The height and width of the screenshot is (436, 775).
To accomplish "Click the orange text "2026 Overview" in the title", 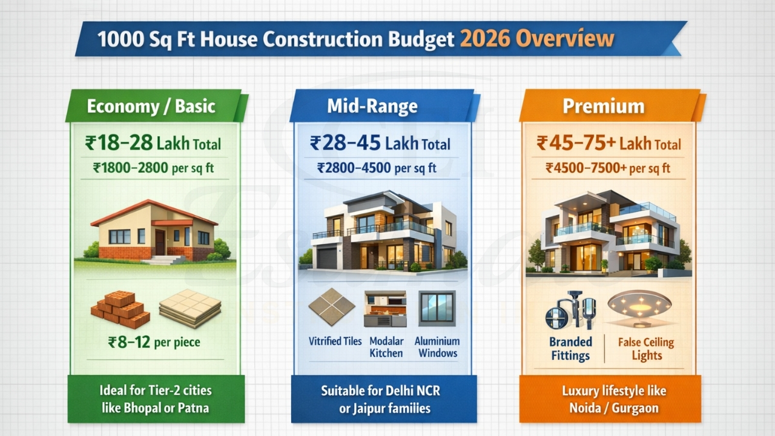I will click(537, 39).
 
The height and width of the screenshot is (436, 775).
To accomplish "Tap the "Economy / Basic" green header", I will click(151, 107).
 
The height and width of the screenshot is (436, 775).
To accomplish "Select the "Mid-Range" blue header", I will click(372, 107).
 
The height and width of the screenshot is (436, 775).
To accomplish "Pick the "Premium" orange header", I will click(603, 107).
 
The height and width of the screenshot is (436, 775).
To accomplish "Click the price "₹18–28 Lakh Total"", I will click(153, 144).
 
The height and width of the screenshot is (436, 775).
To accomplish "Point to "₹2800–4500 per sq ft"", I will click(377, 168).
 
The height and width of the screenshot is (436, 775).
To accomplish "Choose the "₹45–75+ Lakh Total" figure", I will click(608, 144).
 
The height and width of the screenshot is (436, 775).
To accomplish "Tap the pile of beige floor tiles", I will click(190, 308).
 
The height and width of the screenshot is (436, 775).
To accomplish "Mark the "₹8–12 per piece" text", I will click(154, 343).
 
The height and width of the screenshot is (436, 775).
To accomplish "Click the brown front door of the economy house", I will click(160, 242).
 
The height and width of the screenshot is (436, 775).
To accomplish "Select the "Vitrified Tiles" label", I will click(335, 342).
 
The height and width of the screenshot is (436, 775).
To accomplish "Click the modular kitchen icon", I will click(386, 309).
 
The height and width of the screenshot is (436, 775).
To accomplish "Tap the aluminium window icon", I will click(437, 308).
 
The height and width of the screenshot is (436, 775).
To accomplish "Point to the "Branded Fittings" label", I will click(570, 348).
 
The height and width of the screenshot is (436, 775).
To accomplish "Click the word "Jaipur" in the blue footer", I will click(369, 408).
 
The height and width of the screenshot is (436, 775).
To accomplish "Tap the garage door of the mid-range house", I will click(327, 258).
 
